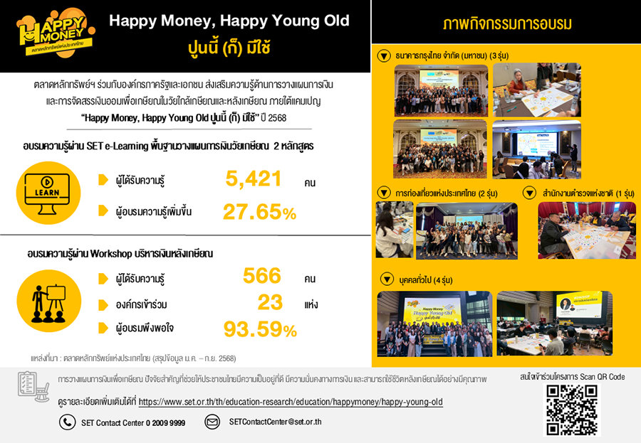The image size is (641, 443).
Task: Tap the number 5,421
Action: [x=254, y=179]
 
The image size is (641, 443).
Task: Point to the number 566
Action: [x=262, y=276]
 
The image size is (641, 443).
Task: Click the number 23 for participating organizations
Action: [x=270, y=303]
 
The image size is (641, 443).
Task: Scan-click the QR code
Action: [x=572, y=410]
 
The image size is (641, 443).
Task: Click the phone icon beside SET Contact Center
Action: [x=67, y=422]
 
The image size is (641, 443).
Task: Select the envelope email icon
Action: [x=212, y=422]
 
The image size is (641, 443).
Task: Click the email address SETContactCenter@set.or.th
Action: [x=275, y=422]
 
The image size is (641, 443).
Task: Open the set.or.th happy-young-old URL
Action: [x=291, y=402]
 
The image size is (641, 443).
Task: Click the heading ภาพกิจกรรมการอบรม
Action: [x=506, y=25]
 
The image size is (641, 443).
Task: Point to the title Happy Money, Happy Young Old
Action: [x=229, y=21]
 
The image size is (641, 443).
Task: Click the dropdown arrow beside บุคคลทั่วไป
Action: [x=387, y=278]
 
